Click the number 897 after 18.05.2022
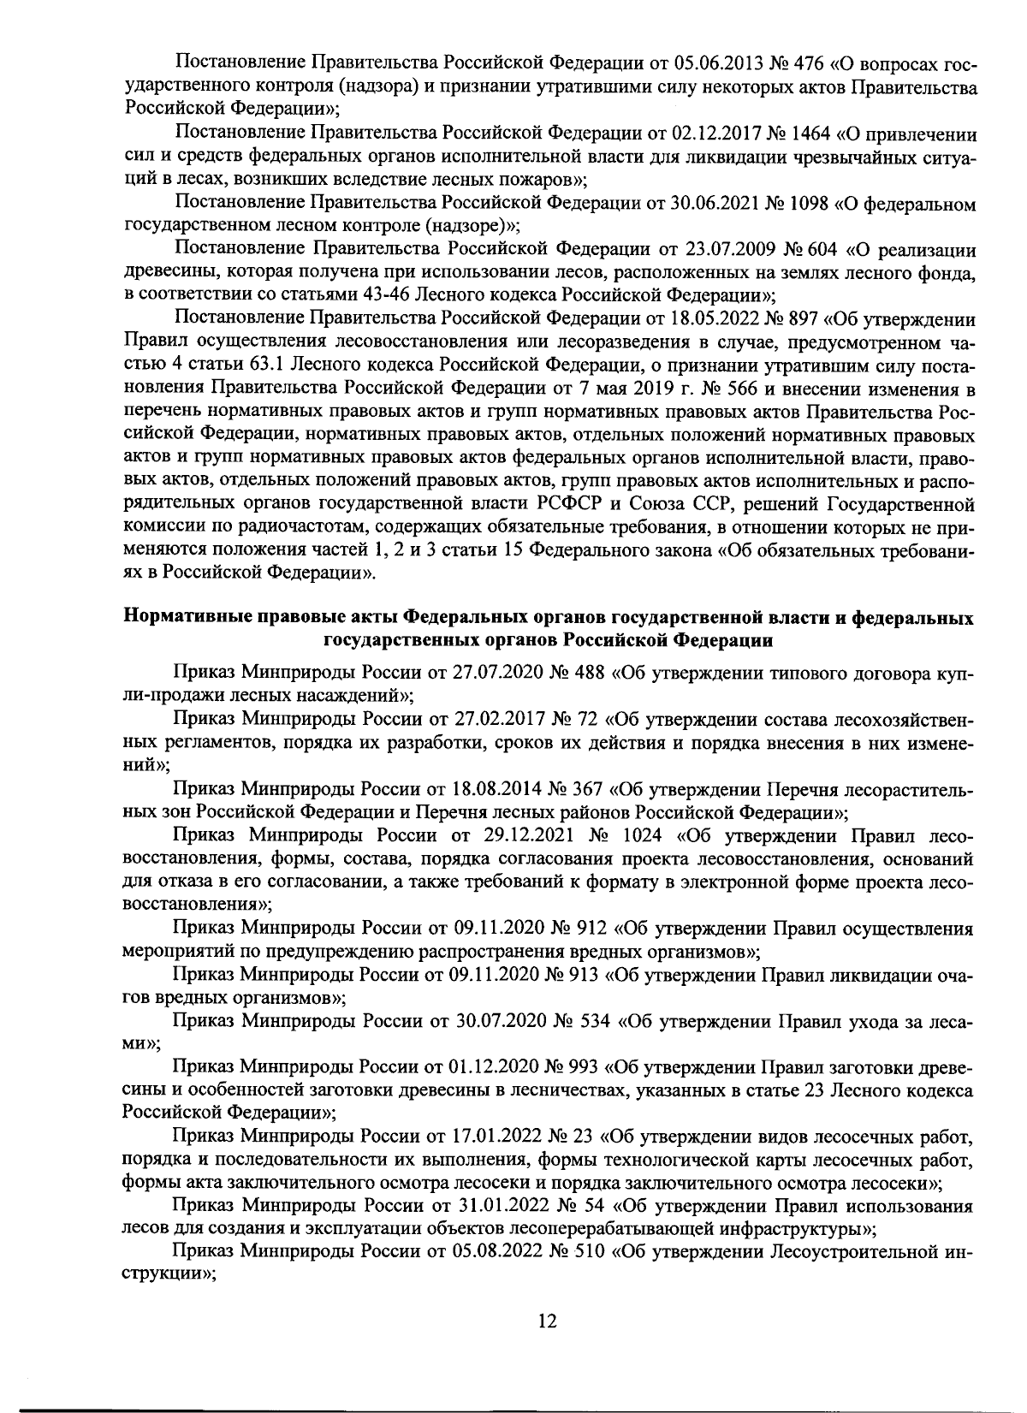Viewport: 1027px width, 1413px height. (x=802, y=320)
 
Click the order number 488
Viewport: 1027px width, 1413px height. (x=588, y=673)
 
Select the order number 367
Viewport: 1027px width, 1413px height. (x=589, y=788)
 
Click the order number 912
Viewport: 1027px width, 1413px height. (x=589, y=928)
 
